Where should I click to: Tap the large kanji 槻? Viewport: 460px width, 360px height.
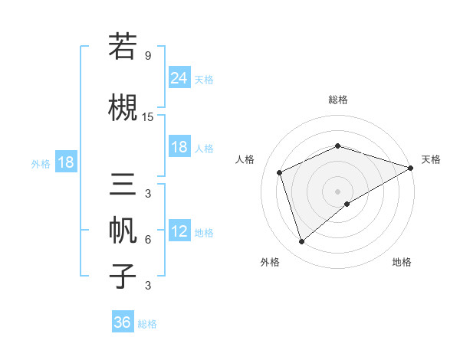click(x=123, y=107)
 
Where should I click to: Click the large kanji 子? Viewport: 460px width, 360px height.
click(x=123, y=276)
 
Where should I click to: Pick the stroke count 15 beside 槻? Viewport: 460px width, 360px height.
click(x=148, y=117)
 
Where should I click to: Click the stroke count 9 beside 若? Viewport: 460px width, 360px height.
click(x=147, y=56)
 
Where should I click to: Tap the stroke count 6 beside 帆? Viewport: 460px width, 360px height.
click(x=147, y=240)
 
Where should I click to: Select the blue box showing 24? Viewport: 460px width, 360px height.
click(x=179, y=78)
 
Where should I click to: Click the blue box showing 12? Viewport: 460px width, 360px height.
click(x=179, y=231)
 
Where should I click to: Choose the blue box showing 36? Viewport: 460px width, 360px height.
click(x=122, y=322)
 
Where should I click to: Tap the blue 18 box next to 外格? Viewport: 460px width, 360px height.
click(x=65, y=162)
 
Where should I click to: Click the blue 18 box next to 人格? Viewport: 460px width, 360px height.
click(x=179, y=147)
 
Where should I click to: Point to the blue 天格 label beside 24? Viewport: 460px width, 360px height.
click(x=204, y=80)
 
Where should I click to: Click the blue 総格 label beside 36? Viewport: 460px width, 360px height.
click(x=147, y=324)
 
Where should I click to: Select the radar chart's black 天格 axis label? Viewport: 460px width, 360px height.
click(x=431, y=159)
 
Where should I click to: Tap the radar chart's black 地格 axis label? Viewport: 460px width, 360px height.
click(x=402, y=262)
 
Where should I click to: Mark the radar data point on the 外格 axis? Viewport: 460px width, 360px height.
click(x=301, y=242)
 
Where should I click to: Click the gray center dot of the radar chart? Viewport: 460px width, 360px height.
click(x=337, y=191)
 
